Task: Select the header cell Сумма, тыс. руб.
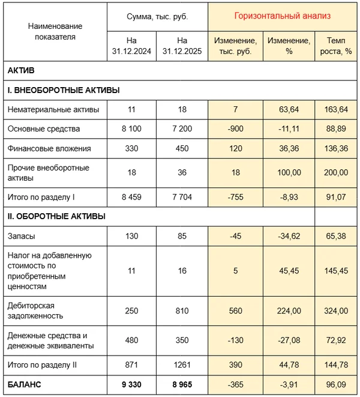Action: [x=158, y=16]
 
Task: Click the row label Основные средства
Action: [x=44, y=129]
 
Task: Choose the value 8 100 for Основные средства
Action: [x=131, y=129]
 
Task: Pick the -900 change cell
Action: [x=236, y=129]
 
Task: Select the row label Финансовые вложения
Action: [x=49, y=148]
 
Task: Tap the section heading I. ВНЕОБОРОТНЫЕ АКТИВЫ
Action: [x=64, y=91]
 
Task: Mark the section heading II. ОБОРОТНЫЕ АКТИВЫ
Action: [x=57, y=216]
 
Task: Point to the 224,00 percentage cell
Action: [x=289, y=311]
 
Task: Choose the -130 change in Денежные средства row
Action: [x=236, y=341]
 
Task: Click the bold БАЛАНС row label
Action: [x=26, y=384]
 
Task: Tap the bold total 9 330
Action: [x=131, y=384]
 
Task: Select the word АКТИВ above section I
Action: [x=21, y=71]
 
